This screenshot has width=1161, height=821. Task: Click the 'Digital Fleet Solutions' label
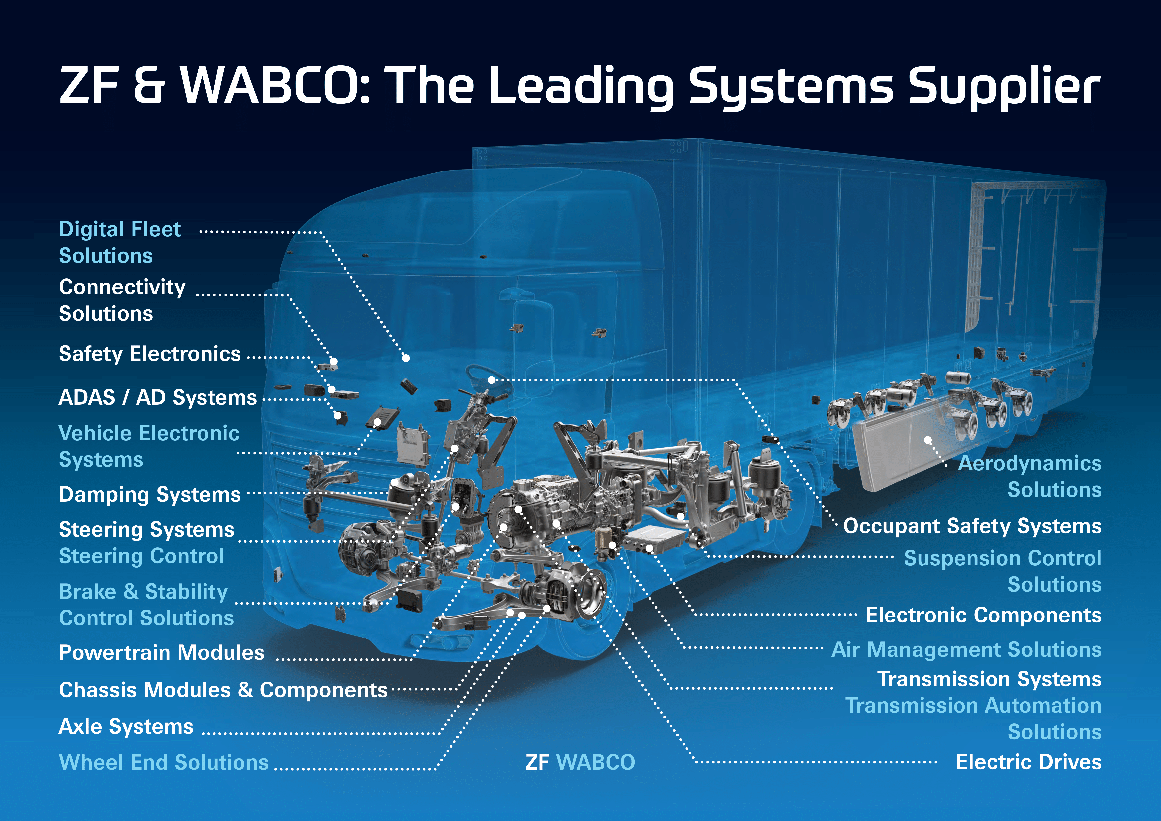point(120,242)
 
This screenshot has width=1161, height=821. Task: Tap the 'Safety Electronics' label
point(150,354)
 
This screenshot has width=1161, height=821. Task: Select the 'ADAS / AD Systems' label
point(158,397)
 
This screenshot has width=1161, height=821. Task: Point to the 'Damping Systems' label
point(150,494)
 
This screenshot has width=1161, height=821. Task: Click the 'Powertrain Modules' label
point(161,653)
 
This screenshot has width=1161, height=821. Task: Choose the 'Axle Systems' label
point(126,727)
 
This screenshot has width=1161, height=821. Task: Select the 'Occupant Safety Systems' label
point(972,526)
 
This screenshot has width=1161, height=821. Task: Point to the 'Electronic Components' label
point(984,615)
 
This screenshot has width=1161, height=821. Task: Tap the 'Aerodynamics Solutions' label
point(1029,476)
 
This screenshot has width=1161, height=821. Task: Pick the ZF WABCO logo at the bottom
point(580,762)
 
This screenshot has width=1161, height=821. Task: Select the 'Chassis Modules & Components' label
point(223,690)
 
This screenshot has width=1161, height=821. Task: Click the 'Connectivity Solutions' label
point(122,300)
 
